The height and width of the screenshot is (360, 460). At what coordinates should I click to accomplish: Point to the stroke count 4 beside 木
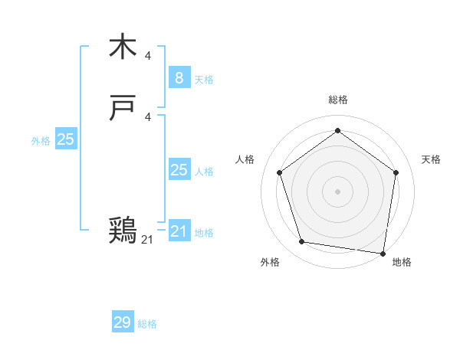coord(148,55)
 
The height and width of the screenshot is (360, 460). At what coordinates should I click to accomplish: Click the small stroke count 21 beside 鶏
coord(147,240)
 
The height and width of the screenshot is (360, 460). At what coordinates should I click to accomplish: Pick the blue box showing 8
coord(179,77)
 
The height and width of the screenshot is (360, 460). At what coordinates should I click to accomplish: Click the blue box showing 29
coord(123,322)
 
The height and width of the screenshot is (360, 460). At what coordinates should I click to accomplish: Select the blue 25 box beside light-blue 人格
coord(179,170)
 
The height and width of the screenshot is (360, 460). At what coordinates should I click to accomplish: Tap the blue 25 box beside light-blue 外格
coord(65,139)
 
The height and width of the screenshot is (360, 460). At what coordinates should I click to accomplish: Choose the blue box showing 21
coord(179,231)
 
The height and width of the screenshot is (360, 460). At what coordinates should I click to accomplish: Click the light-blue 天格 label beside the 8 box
coord(204,80)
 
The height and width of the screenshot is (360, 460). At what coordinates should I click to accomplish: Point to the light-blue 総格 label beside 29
coord(147,324)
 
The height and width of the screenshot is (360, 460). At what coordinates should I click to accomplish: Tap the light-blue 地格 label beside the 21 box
coord(204,233)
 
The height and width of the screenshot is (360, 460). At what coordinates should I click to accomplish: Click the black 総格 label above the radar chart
coord(337,100)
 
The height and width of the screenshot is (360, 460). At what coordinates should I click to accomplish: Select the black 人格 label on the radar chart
coord(245,159)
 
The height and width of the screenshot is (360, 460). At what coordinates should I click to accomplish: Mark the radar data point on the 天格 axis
coord(396,172)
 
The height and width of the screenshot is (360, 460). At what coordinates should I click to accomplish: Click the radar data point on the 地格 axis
coord(383,253)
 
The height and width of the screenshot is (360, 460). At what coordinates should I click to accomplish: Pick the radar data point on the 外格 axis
coord(302,242)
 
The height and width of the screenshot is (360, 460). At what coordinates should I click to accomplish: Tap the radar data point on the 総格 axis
coord(337,131)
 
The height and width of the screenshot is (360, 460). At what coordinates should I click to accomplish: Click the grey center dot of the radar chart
coord(337,191)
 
